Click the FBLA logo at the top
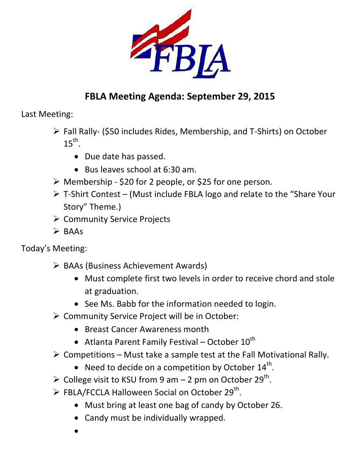[180, 44]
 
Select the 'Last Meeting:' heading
[47, 114]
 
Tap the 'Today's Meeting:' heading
[54, 248]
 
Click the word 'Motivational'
[282, 355]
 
